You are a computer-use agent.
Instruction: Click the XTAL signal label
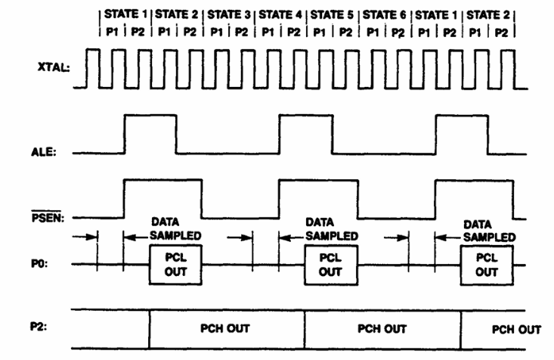[54, 67]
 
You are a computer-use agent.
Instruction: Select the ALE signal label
[44, 152]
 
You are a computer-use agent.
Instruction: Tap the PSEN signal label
[48, 217]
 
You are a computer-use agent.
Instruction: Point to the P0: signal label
[39, 264]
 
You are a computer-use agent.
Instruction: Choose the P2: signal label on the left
[39, 327]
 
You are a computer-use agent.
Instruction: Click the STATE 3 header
[228, 14]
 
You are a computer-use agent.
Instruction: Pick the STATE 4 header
[280, 14]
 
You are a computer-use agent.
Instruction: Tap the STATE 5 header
[332, 15]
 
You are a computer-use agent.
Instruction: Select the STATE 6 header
[384, 15]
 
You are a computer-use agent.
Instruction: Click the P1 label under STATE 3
[216, 33]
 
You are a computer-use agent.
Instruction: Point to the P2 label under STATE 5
[345, 33]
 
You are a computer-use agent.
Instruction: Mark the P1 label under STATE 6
[373, 33]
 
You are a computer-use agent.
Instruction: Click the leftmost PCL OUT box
[175, 265]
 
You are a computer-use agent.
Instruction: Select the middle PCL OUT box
[331, 265]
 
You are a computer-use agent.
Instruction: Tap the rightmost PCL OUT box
[487, 265]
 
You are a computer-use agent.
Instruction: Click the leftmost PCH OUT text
[225, 328]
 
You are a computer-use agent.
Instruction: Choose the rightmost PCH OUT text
[516, 330]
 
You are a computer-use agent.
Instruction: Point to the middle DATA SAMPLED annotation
[332, 229]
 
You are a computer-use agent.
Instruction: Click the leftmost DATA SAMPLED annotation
[175, 229]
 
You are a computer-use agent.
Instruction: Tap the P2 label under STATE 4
[293, 33]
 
